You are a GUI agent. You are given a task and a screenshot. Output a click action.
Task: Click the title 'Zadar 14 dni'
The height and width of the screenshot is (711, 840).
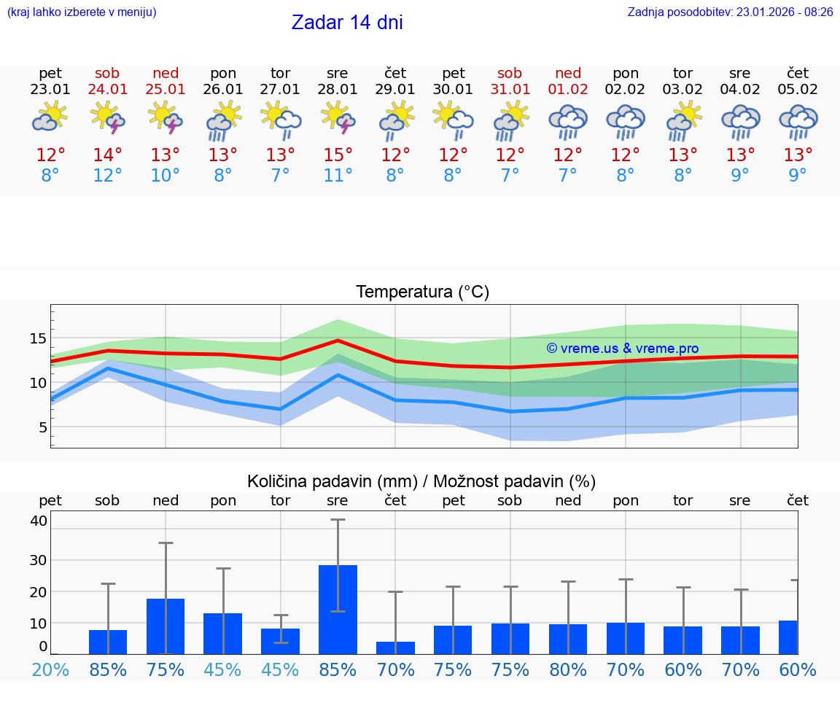click(347, 23)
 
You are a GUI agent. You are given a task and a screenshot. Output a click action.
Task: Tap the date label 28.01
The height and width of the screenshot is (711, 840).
click(338, 90)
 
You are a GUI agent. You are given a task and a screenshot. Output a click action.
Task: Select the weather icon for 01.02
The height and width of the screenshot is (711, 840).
click(568, 121)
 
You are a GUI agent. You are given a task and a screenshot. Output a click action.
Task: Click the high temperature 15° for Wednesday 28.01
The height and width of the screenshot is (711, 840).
click(338, 155)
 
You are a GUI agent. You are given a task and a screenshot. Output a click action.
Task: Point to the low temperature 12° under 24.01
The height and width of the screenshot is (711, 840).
click(108, 176)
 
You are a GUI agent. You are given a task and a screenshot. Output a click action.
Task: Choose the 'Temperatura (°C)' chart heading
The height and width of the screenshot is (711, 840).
click(422, 292)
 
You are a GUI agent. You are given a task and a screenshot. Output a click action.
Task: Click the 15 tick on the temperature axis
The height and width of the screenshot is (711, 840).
click(38, 338)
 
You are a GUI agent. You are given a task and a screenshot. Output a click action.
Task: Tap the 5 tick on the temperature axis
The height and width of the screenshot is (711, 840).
click(43, 427)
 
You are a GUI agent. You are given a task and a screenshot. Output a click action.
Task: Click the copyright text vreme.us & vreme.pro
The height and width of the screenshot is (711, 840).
click(622, 349)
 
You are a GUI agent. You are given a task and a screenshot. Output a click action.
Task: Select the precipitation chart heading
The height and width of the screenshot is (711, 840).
click(421, 481)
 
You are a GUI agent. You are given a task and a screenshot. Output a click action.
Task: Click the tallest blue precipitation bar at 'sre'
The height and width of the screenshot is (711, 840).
click(338, 609)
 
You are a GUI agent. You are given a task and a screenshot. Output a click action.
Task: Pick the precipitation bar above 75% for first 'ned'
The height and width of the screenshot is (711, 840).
click(166, 626)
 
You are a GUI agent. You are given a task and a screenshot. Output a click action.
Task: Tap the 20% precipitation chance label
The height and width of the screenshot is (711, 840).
click(50, 669)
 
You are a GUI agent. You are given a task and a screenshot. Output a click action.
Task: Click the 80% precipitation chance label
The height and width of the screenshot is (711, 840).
click(568, 669)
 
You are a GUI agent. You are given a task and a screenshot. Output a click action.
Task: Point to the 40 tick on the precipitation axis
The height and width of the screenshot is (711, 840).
click(39, 521)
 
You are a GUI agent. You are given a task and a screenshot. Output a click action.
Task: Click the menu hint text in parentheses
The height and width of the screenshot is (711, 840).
click(82, 12)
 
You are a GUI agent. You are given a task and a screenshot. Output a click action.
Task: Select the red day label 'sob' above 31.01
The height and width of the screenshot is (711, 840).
click(510, 73)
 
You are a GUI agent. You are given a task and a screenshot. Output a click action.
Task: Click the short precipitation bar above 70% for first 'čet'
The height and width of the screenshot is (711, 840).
click(395, 648)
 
